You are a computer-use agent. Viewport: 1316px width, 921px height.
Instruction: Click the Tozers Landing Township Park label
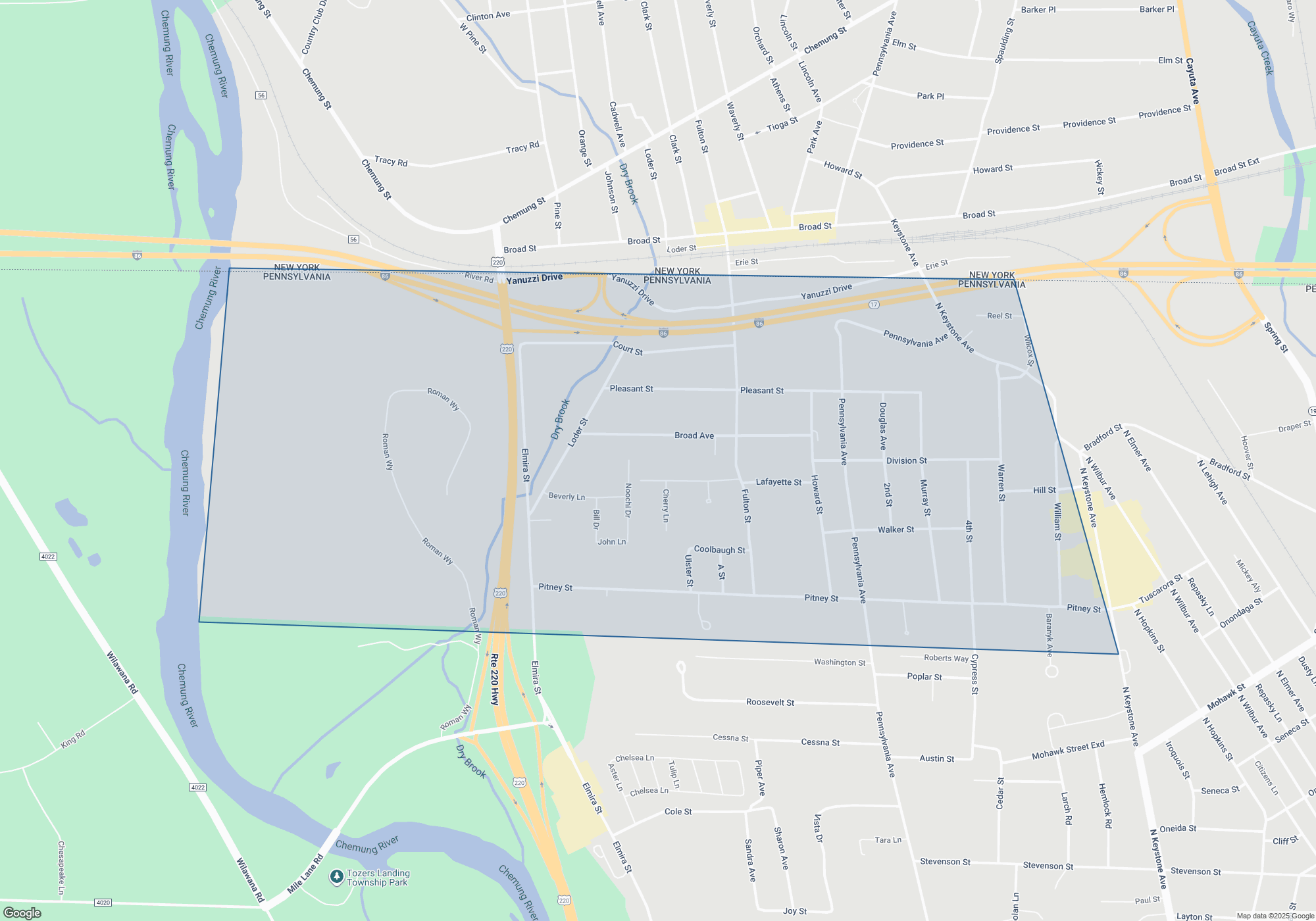378,878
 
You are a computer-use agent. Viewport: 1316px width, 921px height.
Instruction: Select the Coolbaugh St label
719,550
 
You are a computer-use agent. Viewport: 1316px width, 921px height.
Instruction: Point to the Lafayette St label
778,482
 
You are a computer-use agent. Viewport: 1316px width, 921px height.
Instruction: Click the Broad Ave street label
694,436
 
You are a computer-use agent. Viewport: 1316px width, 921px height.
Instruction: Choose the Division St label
906,460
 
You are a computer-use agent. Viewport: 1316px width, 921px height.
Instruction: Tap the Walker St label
896,530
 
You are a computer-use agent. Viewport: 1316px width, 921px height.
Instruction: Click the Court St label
628,348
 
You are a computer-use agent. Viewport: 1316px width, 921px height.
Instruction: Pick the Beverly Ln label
567,497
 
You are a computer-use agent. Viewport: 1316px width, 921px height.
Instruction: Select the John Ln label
611,542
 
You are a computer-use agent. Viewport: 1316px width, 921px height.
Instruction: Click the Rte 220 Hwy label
494,680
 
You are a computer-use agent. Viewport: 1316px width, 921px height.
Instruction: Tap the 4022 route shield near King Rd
197,787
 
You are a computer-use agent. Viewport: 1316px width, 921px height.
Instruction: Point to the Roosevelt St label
770,703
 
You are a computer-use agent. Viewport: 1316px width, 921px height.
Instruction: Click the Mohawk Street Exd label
1068,750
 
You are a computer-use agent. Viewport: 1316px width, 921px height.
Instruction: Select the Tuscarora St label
1161,589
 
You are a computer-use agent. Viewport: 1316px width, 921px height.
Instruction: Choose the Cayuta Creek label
1259,48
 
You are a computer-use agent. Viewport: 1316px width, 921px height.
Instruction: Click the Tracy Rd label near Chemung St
391,161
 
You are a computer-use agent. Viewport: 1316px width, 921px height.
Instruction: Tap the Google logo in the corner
22,912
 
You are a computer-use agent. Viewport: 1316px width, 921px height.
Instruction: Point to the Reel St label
1000,316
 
